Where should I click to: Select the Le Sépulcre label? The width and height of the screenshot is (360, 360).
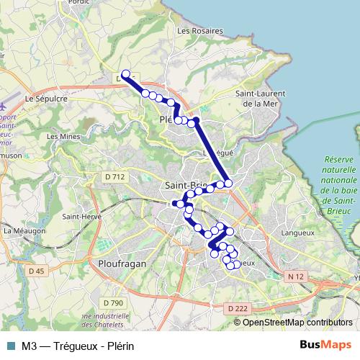click(x=46, y=98)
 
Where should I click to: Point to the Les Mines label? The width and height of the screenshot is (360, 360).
click(x=62, y=135)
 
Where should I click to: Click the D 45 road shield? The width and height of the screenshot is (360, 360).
click(x=37, y=271)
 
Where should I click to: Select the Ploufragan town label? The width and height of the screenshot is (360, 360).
click(x=121, y=264)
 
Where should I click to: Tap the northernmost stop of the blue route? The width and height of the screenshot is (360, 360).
click(x=126, y=74)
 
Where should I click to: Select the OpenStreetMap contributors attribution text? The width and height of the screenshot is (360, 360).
click(x=297, y=323)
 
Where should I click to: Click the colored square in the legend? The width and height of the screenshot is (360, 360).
click(x=9, y=344)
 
